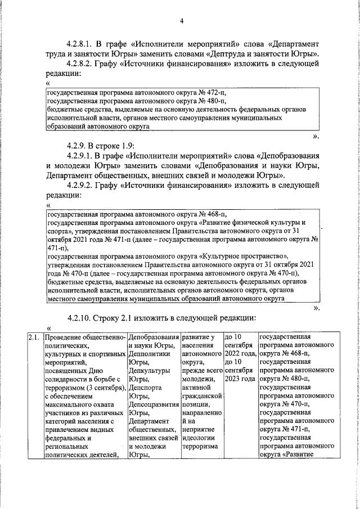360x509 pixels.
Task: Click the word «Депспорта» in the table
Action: click(145, 389)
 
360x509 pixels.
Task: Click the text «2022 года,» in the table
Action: click(241, 355)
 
